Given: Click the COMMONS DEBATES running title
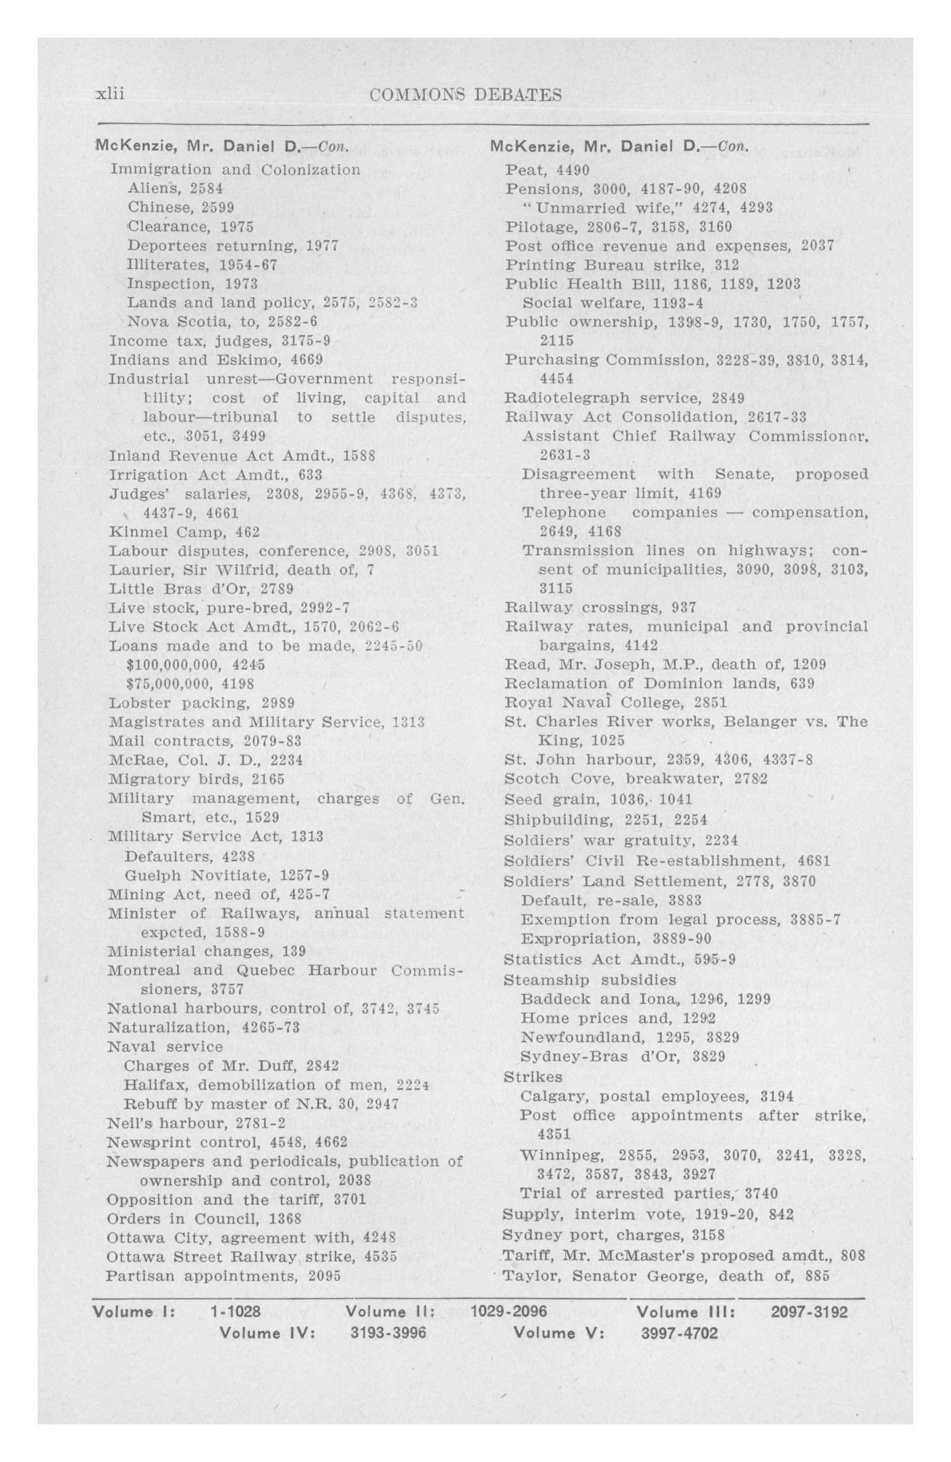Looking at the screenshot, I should (466, 95).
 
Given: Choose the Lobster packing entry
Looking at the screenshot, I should (201, 702).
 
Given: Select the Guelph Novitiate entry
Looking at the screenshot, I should (227, 874).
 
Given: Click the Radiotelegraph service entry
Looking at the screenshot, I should (624, 398).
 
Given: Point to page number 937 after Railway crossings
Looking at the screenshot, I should (684, 607).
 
